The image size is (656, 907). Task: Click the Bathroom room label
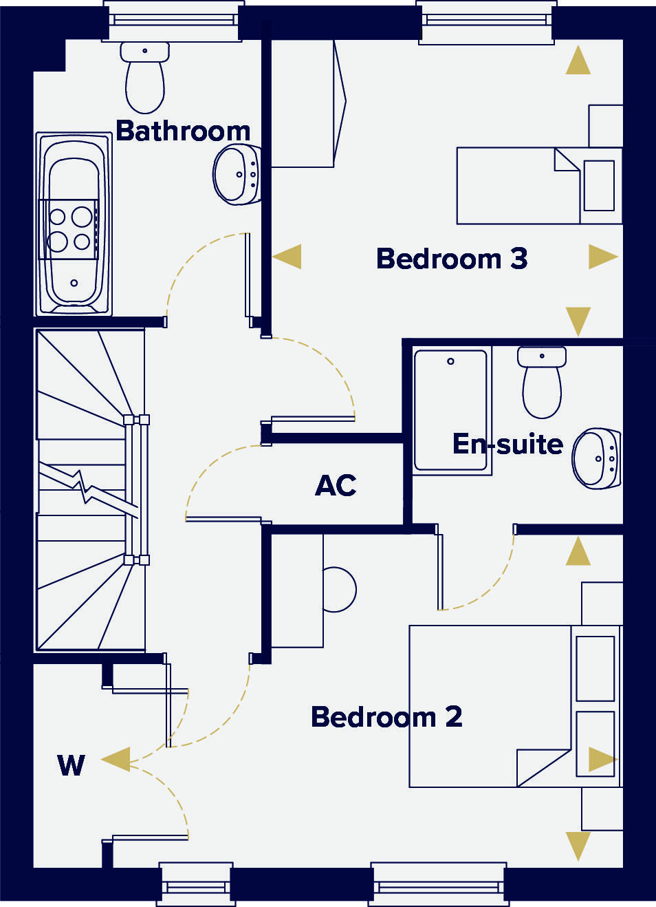coord(183,131)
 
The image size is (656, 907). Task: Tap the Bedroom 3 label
coord(452,259)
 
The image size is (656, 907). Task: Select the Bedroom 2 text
coord(386,717)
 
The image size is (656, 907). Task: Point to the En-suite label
coord(507,444)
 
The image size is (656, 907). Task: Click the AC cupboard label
coord(336,485)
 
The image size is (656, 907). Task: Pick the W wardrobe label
coord(72,765)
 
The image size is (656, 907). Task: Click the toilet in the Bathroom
coord(145,79)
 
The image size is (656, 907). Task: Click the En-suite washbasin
coord(596,458)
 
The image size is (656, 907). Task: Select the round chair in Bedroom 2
coord(338,590)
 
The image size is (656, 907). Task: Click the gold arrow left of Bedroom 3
coord(288,257)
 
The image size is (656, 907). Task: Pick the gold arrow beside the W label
coord(116,760)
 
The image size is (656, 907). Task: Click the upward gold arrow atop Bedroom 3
coord(578,61)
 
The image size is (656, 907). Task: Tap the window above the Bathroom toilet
coord(173,20)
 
